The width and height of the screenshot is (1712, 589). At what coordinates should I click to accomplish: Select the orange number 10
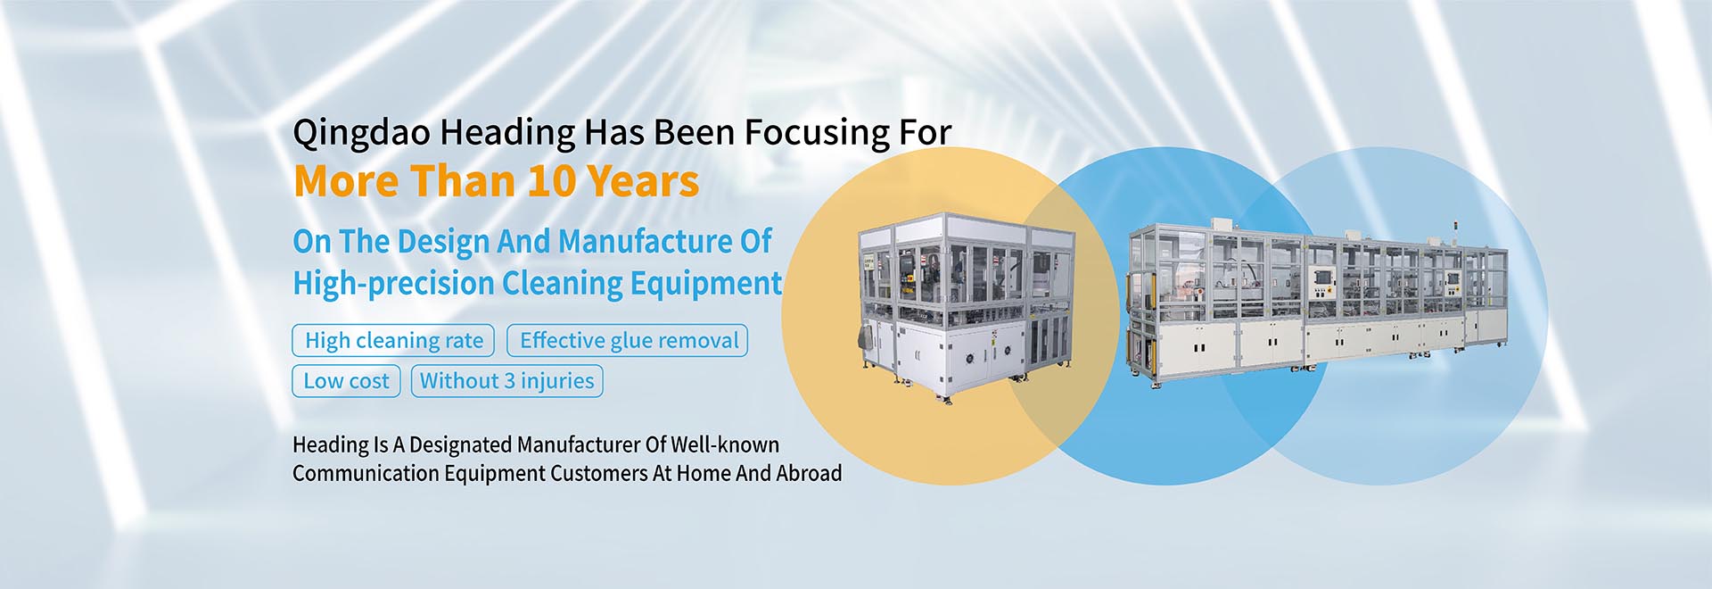click(x=552, y=181)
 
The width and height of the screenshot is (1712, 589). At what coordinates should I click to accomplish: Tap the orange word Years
click(x=643, y=181)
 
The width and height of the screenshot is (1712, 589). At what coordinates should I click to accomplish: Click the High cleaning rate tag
click(x=393, y=340)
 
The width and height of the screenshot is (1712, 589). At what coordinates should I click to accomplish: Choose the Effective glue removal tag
click(x=628, y=340)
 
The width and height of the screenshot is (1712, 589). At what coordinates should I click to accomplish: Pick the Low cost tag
click(x=346, y=381)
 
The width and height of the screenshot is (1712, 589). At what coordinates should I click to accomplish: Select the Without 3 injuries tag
click(x=506, y=381)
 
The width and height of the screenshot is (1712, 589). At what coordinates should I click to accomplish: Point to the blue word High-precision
click(x=393, y=284)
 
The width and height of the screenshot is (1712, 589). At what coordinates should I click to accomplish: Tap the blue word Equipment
click(x=705, y=284)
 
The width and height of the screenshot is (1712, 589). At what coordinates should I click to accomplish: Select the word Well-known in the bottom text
click(x=725, y=444)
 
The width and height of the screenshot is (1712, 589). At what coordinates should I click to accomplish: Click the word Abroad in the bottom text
click(x=809, y=473)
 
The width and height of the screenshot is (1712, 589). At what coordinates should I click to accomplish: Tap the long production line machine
click(x=1318, y=299)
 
